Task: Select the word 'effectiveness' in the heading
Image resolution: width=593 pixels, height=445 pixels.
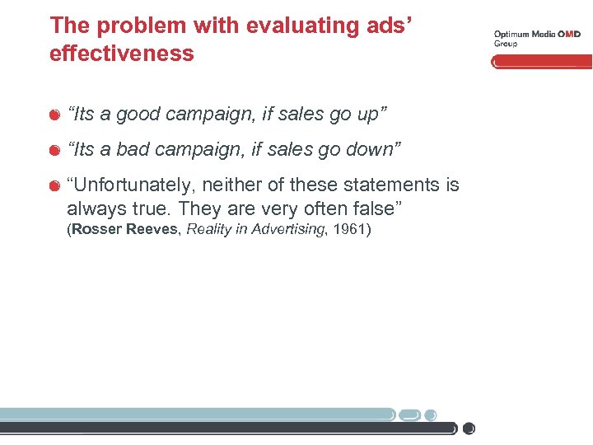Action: click(122, 54)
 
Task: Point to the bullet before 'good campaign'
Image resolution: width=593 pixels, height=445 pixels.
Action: click(54, 115)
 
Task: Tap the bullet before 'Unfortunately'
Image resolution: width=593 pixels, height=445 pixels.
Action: click(54, 185)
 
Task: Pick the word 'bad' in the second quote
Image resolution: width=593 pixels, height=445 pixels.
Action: click(133, 149)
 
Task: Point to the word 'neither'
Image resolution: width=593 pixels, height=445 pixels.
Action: click(248, 185)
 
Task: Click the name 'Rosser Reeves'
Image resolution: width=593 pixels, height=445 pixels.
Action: click(123, 229)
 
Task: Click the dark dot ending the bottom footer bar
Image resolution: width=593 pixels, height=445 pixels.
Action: click(469, 429)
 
